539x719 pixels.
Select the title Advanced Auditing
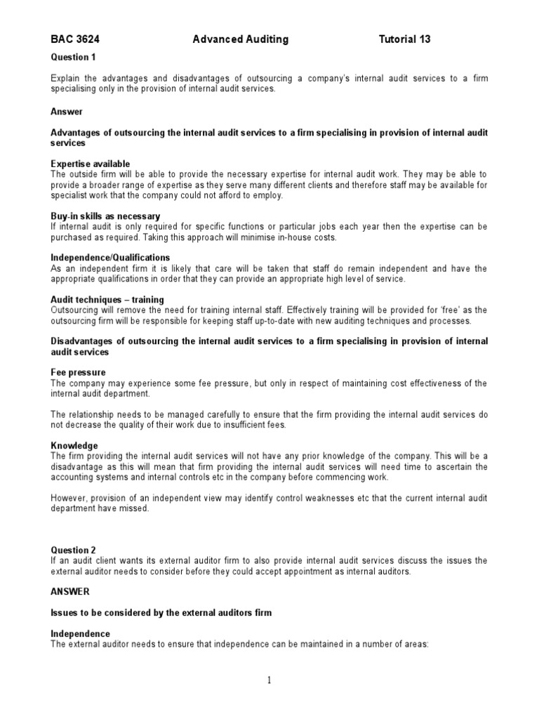(x=240, y=40)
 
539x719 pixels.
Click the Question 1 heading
(x=73, y=56)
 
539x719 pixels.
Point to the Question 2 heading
(x=73, y=550)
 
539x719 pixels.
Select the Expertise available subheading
(x=91, y=164)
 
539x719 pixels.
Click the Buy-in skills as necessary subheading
(x=105, y=216)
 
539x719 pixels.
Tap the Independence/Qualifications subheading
(x=110, y=258)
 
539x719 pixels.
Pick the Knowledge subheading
(x=74, y=446)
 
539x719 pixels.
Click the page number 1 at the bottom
(x=269, y=680)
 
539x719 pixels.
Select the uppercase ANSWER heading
(x=70, y=592)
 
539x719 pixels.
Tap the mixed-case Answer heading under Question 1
(x=67, y=112)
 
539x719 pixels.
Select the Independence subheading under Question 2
(x=81, y=633)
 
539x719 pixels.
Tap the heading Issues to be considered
(x=161, y=613)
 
